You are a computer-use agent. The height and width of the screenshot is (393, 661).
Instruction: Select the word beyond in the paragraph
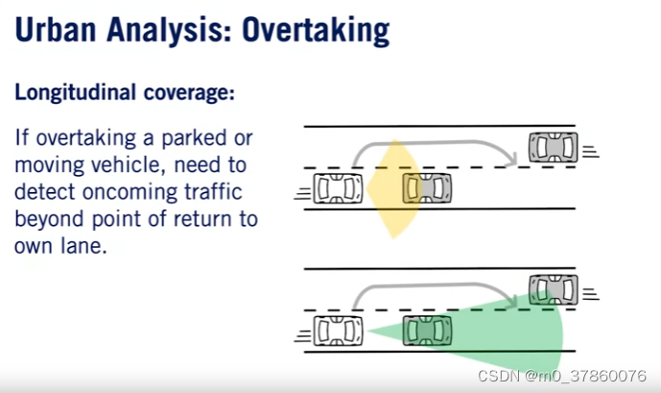tap(47, 218)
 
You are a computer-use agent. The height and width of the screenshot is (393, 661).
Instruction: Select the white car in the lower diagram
tap(339, 330)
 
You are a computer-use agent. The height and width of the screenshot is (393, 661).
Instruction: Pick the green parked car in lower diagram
tap(427, 330)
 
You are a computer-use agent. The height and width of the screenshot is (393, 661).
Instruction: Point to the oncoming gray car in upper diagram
tap(553, 147)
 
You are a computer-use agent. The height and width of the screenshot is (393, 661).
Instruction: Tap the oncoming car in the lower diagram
tap(553, 288)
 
